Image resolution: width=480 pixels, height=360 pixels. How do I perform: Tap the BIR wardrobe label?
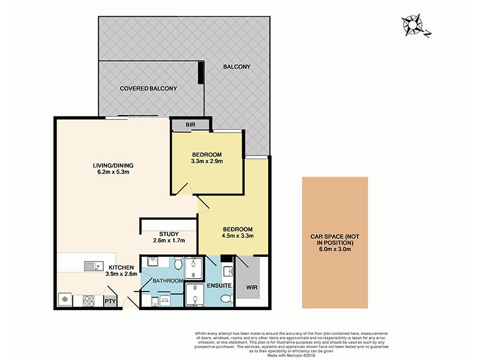point(191,125)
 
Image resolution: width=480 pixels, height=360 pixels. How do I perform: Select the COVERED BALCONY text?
point(148,88)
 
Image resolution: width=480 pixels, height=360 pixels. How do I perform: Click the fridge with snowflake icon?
point(64,299)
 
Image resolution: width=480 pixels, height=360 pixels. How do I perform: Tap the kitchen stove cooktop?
point(89,299)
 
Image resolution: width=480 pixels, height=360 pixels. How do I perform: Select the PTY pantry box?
point(110,302)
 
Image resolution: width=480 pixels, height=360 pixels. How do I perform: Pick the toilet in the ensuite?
point(226,298)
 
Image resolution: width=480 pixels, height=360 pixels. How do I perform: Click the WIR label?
point(251,288)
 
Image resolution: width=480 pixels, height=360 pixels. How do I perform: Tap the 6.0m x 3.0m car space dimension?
point(335,250)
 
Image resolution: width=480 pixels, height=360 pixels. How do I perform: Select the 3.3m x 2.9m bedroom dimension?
point(206,161)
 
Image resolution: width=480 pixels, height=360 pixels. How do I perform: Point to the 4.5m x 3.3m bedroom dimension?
point(238,236)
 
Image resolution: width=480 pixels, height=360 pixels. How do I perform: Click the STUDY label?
point(169,234)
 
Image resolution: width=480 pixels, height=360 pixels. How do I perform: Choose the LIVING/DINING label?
point(113,166)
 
